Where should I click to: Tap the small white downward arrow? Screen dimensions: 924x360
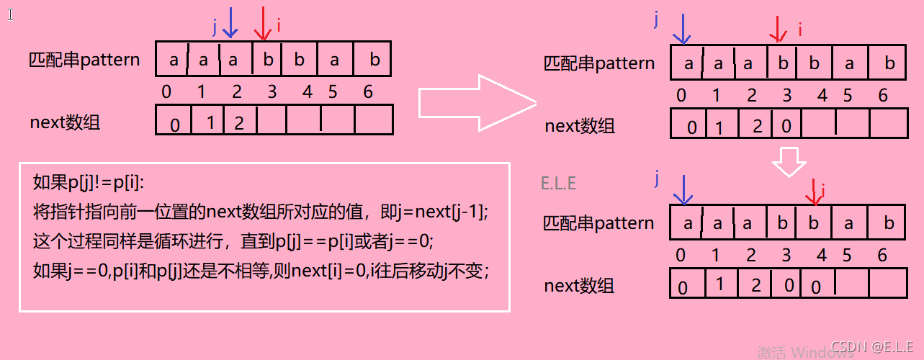point(789,162)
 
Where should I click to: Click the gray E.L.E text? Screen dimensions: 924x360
point(558,183)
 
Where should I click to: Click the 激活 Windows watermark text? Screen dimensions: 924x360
point(795,352)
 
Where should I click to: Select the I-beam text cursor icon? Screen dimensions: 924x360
point(10,14)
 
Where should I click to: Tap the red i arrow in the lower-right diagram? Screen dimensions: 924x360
point(813,191)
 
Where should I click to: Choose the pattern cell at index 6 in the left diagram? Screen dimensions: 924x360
point(374,60)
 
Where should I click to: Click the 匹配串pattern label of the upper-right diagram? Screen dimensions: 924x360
point(599,63)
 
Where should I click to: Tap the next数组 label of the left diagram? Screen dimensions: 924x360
point(65,122)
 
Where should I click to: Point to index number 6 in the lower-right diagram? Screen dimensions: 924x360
point(883,255)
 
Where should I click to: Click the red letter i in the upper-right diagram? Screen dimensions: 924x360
point(799,29)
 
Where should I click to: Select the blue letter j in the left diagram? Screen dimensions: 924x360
point(214,27)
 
